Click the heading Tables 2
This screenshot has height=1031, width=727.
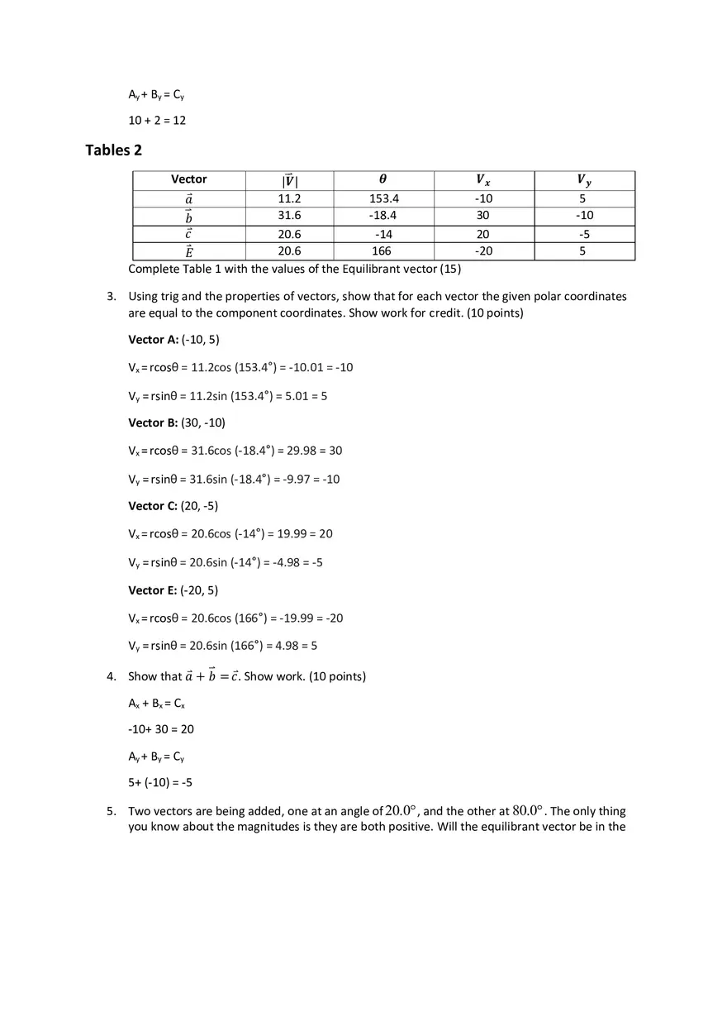click(x=108, y=150)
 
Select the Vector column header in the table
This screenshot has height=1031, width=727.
click(x=189, y=179)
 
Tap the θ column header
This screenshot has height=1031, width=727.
click(x=383, y=179)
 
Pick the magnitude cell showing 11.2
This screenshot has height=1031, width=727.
click(x=289, y=199)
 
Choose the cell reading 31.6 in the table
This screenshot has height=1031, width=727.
click(x=289, y=216)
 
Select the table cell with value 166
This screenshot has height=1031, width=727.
click(x=382, y=251)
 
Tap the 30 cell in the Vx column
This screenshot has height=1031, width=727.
click(x=483, y=216)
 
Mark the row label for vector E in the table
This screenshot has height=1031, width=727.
click(x=189, y=251)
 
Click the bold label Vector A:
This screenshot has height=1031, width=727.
click(x=153, y=340)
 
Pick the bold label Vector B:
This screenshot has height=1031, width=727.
click(x=153, y=422)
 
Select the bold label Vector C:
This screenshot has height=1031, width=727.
click(x=153, y=506)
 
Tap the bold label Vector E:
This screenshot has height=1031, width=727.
click(x=153, y=590)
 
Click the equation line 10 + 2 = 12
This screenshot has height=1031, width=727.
click(x=157, y=121)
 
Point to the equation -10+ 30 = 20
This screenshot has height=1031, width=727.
click(x=161, y=729)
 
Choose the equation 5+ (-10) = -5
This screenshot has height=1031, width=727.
click(x=160, y=783)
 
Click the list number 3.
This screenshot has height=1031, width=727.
click(x=111, y=296)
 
